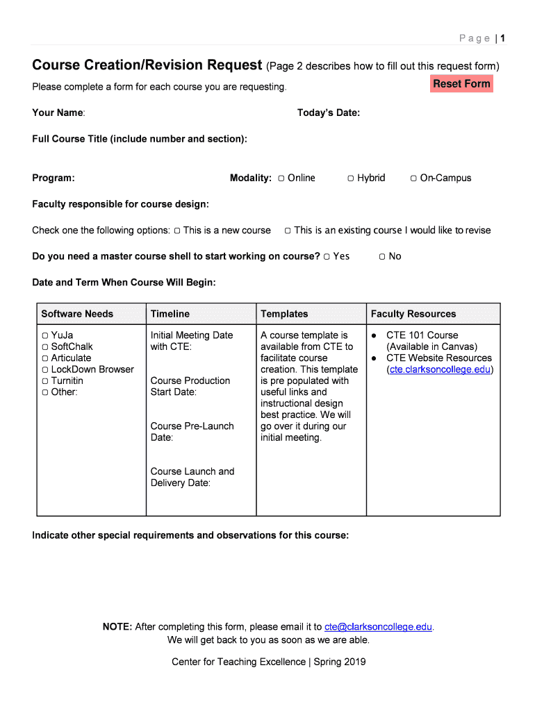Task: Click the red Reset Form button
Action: coord(461,84)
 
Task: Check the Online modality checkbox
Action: coord(281,178)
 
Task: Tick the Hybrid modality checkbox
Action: coord(352,178)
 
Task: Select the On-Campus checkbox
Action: coord(413,178)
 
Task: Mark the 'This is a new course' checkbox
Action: coord(177,231)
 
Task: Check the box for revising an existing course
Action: coord(288,231)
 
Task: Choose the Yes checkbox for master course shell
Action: coord(327,257)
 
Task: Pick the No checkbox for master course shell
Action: coord(382,257)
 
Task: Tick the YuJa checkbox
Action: coord(45,335)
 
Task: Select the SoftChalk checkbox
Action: coord(45,347)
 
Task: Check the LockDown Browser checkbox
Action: coord(45,369)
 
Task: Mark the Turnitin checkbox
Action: coord(45,381)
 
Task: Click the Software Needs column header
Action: coord(77,314)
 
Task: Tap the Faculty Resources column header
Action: coord(413,314)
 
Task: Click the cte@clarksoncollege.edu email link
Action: coord(384,627)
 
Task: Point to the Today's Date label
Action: coord(328,113)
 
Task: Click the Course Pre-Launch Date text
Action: coord(192,432)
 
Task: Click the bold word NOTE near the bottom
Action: coord(117,627)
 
